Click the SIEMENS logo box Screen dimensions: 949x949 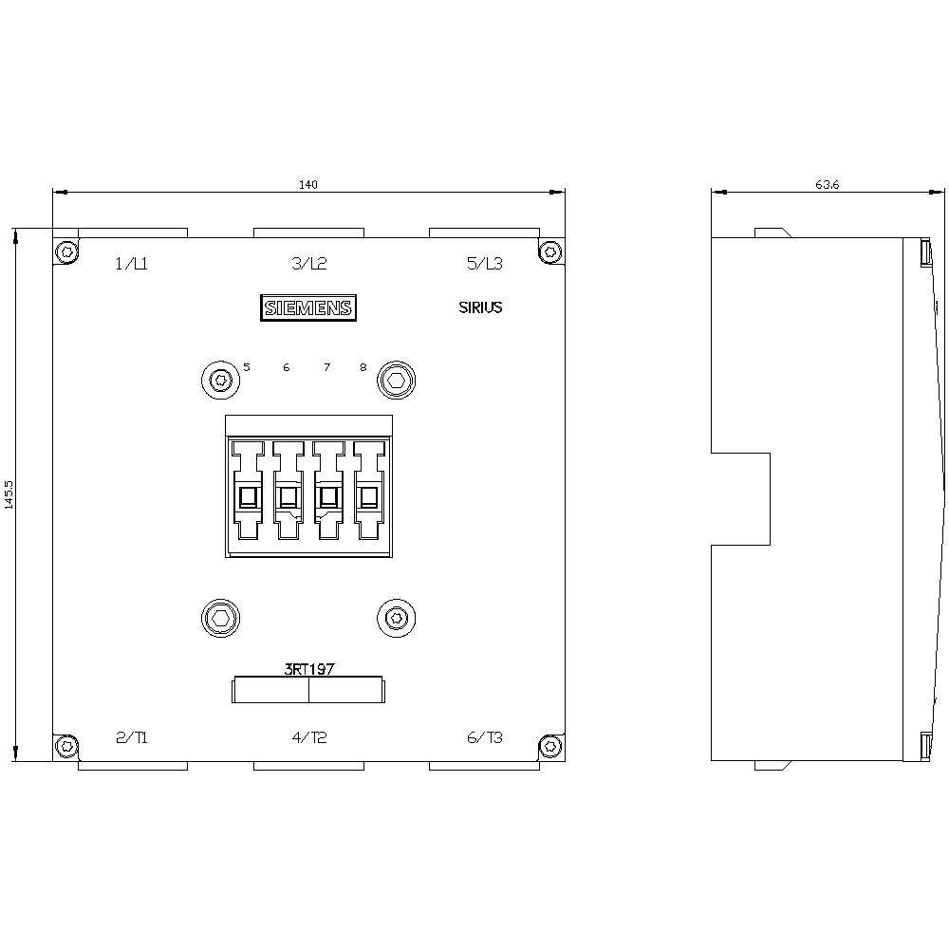point(308,307)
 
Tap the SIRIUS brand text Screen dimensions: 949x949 point(480,307)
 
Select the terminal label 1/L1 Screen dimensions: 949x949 point(131,264)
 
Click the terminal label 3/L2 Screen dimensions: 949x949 point(308,264)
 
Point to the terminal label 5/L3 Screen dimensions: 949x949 point(485,264)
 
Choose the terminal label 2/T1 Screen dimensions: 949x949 point(131,737)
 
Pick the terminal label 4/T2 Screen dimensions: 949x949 point(308,737)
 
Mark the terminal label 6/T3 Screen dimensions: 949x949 point(485,737)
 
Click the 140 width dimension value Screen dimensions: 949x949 point(308,184)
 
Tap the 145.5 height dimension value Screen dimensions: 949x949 point(9,494)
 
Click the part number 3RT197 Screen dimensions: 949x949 point(308,668)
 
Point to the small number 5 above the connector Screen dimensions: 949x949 point(247,366)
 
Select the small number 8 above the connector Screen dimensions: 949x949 point(363,366)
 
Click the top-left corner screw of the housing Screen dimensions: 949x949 point(65,251)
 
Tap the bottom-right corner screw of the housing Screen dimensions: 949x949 point(551,748)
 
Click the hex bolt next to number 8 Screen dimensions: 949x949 point(396,381)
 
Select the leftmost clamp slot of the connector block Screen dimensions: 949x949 point(248,496)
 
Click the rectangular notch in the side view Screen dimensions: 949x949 point(740,498)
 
